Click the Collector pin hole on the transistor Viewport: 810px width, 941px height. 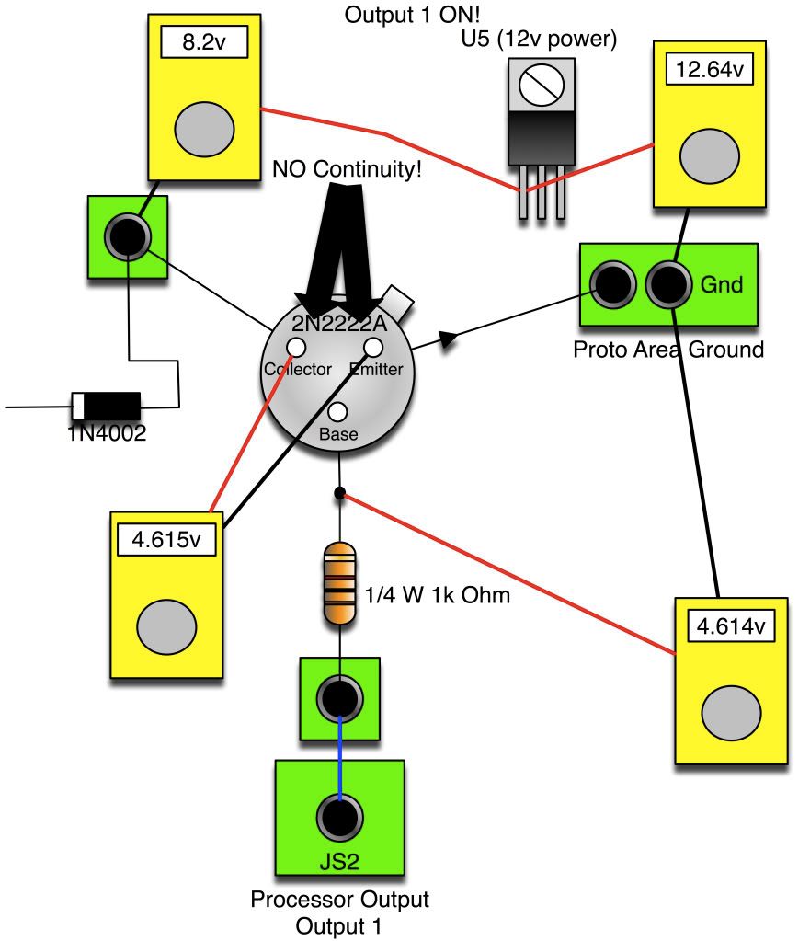point(296,347)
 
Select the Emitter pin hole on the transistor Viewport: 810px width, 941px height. point(373,347)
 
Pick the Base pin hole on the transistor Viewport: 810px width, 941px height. point(337,413)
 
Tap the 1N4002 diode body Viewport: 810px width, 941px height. point(106,404)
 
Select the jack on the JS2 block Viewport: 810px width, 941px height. point(339,814)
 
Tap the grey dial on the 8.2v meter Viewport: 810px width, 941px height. point(202,127)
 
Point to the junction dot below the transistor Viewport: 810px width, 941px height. point(339,494)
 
